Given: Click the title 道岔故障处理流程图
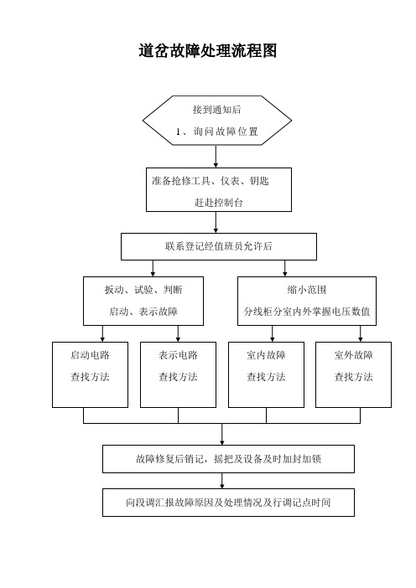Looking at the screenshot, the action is tap(208, 50).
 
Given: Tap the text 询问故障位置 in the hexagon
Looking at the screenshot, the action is tap(226, 132).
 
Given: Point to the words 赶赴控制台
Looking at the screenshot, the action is tap(219, 203).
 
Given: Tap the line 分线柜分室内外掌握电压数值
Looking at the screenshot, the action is tap(307, 312).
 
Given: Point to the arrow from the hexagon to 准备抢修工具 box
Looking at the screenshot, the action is tap(216, 157).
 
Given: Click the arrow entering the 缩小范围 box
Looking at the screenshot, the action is tap(285, 269).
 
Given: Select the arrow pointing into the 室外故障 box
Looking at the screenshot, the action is tap(361, 333).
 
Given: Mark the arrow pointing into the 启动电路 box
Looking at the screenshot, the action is tap(102, 333).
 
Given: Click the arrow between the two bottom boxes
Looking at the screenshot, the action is tap(222, 481).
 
